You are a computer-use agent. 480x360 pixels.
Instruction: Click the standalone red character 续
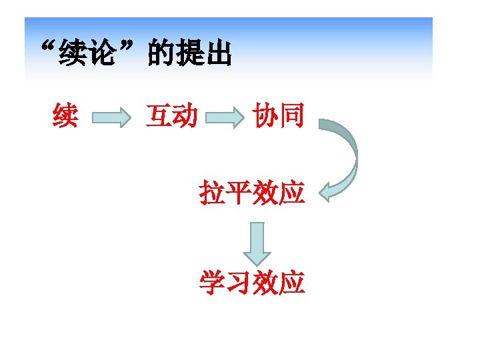coord(65,117)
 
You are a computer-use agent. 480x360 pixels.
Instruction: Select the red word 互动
coord(171,117)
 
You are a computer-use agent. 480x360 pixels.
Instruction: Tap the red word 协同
coord(279,117)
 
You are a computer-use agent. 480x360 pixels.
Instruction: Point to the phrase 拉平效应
coord(252,193)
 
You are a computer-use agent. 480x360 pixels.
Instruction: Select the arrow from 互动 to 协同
coord(225,119)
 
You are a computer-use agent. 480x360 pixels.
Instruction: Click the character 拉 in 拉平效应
coord(212,193)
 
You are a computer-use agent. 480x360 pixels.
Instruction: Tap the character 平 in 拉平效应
coord(239,193)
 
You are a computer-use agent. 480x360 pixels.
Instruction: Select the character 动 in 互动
coord(185,117)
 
